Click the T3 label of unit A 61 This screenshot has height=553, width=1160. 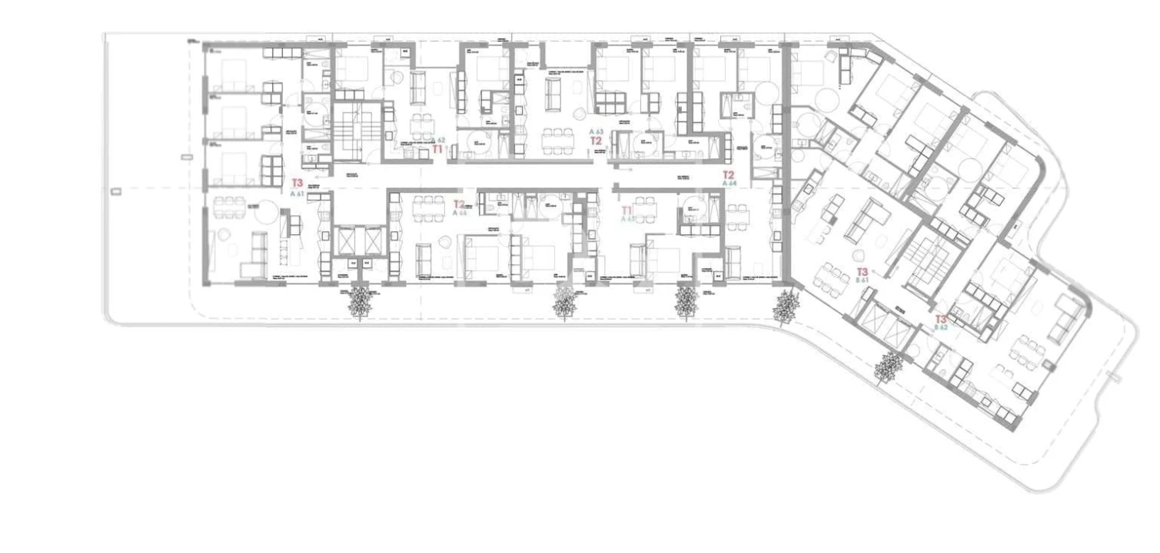coord(297,183)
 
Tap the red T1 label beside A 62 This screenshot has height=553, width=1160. coord(437,150)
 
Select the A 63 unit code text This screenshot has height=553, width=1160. coord(596,132)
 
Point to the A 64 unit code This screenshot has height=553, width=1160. coord(730,184)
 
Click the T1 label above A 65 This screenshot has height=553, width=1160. coord(627,209)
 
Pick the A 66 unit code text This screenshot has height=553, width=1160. coord(460,213)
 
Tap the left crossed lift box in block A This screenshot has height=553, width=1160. coord(347,241)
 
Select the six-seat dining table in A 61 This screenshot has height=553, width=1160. coord(229,207)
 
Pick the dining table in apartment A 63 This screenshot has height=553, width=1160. coord(557,139)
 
